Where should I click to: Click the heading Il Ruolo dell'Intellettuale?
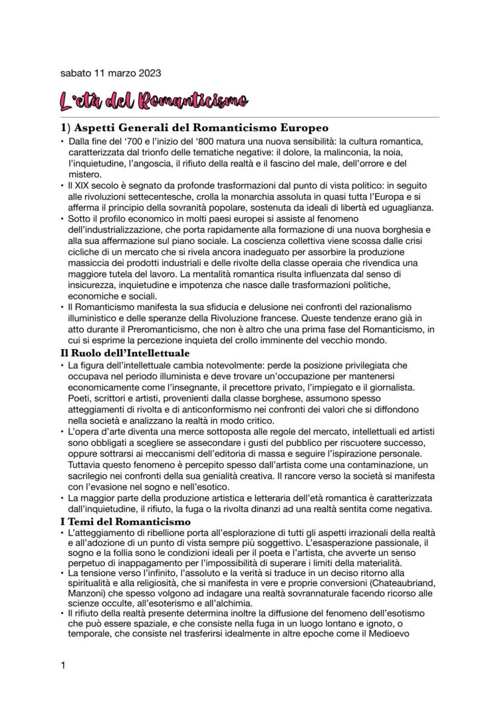tap(125, 353)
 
